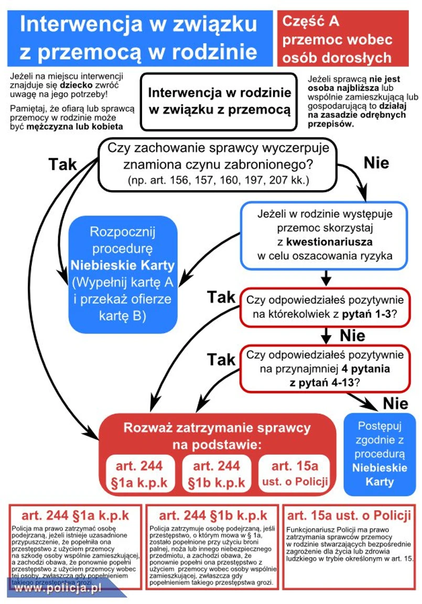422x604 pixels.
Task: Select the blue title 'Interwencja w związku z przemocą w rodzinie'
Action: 138,38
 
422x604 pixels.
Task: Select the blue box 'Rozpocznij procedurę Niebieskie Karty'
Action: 125,274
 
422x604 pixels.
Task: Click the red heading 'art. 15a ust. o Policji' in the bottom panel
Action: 349,515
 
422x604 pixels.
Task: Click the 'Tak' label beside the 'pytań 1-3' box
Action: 221,297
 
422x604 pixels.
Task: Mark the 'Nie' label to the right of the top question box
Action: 376,162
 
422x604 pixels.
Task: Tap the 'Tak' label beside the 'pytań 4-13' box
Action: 221,359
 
